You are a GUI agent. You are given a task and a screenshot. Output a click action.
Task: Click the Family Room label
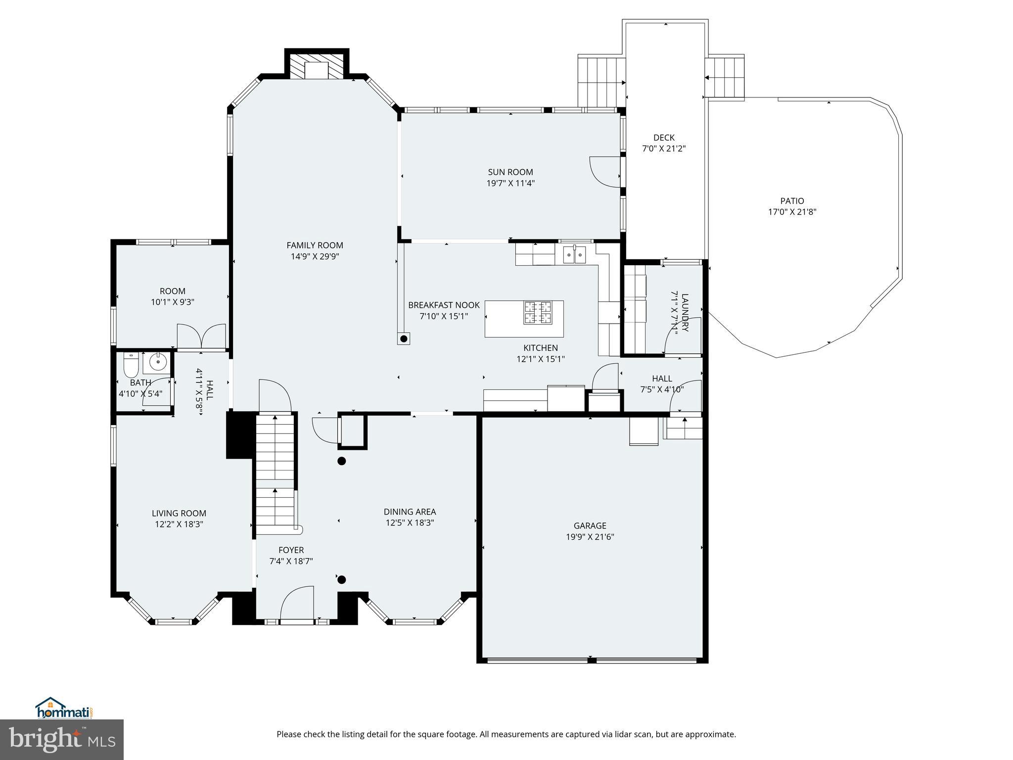tap(315, 245)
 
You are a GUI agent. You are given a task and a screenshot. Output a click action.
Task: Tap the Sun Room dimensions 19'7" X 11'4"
tap(510, 183)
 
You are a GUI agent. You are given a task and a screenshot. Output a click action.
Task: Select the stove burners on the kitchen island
tap(538, 313)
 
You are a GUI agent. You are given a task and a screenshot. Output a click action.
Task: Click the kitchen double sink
tap(574, 255)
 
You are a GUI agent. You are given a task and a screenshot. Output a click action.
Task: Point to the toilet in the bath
tap(131, 365)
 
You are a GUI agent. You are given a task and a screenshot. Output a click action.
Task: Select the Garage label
tap(590, 525)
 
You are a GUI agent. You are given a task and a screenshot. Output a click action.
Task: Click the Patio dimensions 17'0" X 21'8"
tap(792, 212)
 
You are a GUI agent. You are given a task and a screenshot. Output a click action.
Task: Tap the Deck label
tap(664, 138)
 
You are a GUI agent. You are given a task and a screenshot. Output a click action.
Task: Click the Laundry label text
tap(685, 312)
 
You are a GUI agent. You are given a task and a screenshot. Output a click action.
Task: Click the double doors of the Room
tap(201, 336)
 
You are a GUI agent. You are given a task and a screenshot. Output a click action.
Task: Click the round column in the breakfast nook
tap(404, 339)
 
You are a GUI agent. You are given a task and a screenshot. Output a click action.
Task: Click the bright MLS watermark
tap(62, 739)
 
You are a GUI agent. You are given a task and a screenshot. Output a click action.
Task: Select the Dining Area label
tap(410, 512)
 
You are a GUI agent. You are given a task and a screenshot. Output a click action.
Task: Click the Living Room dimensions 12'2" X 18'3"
tap(179, 524)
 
